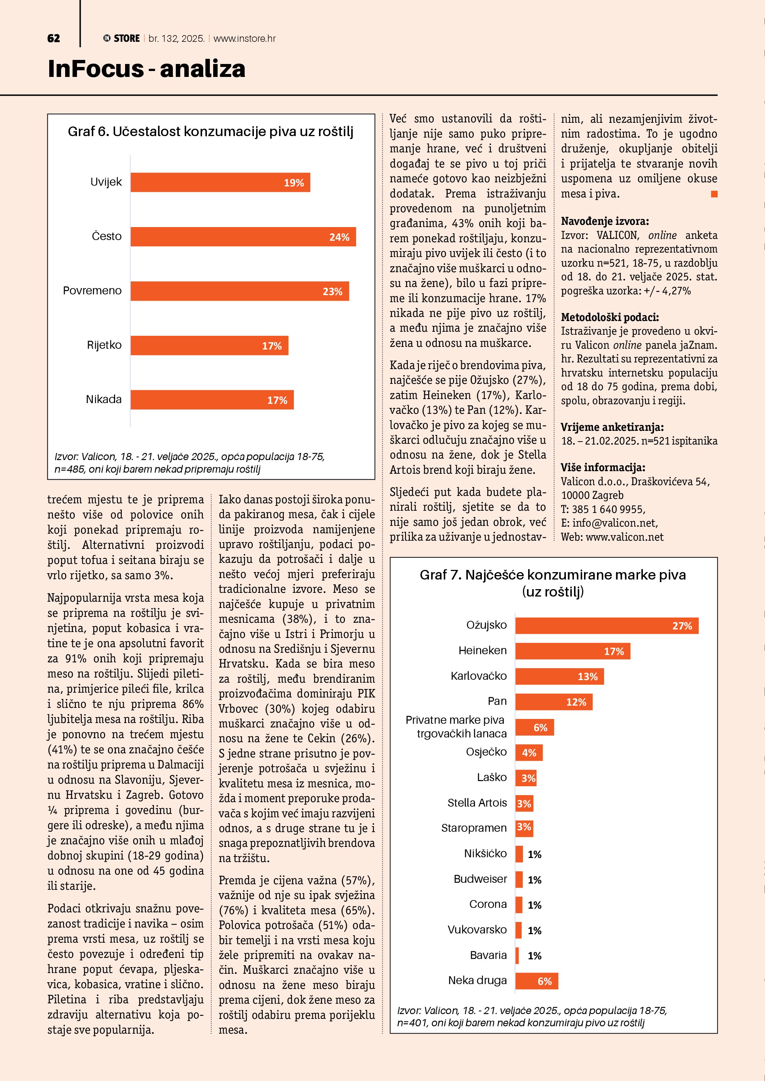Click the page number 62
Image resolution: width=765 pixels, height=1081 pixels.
54,38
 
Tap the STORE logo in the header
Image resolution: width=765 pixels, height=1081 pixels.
122,38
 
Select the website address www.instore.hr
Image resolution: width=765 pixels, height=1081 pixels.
245,38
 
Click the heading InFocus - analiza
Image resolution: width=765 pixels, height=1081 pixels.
147,69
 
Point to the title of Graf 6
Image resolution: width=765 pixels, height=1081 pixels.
211,131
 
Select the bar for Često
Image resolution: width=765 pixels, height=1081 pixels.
243,237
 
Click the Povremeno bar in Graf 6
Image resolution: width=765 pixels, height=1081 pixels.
239,291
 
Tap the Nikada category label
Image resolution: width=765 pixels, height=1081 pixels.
104,399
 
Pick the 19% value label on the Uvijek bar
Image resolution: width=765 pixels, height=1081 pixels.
293,183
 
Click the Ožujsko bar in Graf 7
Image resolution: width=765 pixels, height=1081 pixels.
606,626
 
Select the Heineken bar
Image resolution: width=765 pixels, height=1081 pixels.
572,651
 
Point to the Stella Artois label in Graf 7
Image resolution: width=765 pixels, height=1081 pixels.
477,803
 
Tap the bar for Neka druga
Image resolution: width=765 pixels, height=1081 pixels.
537,981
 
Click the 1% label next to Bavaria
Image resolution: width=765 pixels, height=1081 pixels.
534,955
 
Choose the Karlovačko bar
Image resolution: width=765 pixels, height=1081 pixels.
559,676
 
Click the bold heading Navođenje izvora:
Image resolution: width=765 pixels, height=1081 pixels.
604,221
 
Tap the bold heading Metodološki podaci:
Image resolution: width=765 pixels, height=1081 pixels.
610,317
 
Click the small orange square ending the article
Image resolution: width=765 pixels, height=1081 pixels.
714,194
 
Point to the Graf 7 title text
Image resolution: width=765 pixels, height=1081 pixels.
553,583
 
